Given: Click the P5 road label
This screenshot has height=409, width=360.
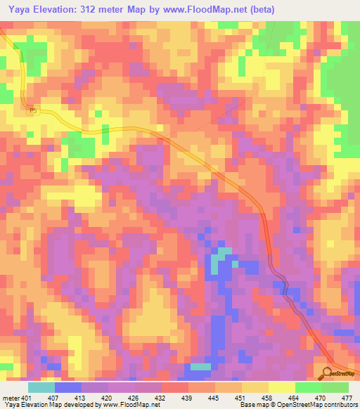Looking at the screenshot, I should coord(32,110).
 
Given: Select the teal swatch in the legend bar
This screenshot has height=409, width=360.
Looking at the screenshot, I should coord(41,388).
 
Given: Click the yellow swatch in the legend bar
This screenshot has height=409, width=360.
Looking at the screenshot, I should coord(281,388).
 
